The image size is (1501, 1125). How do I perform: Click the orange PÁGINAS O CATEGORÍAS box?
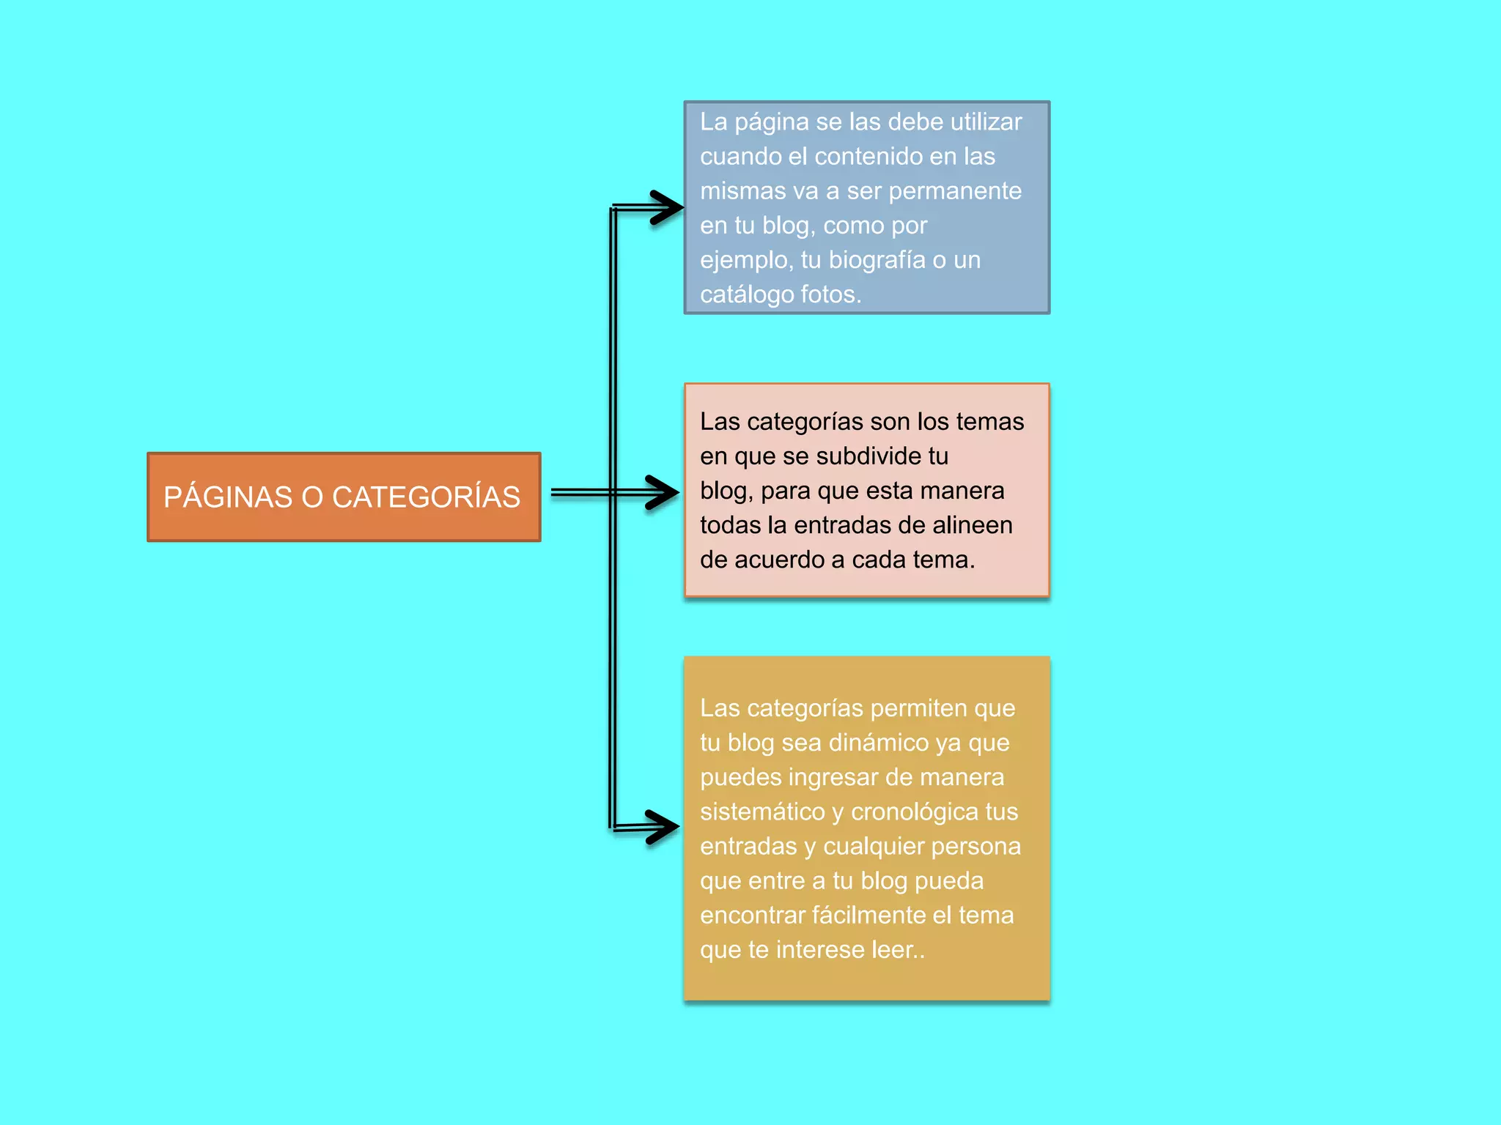pos(344,497)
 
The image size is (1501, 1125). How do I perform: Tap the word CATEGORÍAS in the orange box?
pos(426,497)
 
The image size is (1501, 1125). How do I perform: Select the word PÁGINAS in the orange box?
pos(228,497)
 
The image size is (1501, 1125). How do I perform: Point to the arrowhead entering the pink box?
pos(663,492)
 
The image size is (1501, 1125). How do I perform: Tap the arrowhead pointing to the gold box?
pos(663,827)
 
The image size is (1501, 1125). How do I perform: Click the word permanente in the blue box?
pos(955,191)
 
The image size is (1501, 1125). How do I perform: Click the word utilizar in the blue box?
pos(986,122)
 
